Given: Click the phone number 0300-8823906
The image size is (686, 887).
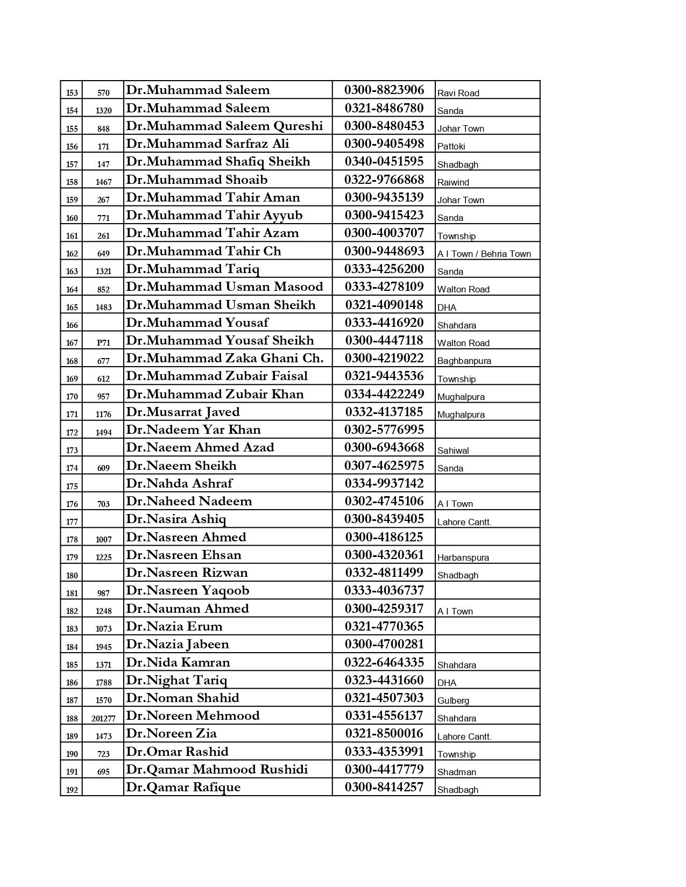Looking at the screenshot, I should [384, 90].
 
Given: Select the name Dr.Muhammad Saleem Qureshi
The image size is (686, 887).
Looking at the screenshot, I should [224, 126].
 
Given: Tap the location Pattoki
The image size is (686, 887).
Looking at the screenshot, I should [451, 146].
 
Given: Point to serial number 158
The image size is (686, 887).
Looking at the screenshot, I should [72, 182].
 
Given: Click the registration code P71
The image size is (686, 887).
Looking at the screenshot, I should [103, 343].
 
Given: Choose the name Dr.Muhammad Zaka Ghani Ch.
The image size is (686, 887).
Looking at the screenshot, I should [225, 359].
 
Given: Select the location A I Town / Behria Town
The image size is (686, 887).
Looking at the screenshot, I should [484, 254].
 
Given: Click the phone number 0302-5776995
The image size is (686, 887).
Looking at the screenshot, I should [384, 430].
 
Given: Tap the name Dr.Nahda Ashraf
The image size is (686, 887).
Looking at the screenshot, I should [179, 483].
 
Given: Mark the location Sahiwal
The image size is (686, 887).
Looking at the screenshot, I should [453, 450].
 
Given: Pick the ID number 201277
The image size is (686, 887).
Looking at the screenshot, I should [103, 718].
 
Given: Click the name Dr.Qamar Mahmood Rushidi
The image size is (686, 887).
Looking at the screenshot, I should [217, 769].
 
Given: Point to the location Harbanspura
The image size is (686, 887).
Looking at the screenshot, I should [463, 557].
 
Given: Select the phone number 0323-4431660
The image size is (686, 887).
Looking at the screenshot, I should [384, 680].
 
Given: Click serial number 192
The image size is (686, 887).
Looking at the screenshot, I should [72, 790].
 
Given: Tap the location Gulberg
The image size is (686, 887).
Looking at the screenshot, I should [453, 700].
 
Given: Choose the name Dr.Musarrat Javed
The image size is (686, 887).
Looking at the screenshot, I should [183, 412].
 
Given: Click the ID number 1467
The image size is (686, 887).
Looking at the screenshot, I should [103, 182].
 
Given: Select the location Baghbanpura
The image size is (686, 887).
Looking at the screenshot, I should [464, 361].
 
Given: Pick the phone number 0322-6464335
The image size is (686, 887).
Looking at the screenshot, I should [384, 662].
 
